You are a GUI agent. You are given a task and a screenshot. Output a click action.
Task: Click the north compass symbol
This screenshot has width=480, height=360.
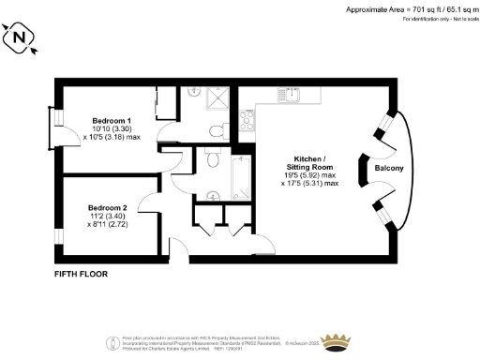[x=20, y=38]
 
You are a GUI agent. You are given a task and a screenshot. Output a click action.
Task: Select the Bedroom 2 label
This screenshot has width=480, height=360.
[x=107, y=207]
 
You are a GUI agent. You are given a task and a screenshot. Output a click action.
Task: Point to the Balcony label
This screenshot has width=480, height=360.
[x=389, y=168]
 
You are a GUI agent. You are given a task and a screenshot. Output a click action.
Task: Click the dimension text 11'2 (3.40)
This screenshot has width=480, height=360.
[x=107, y=217]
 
